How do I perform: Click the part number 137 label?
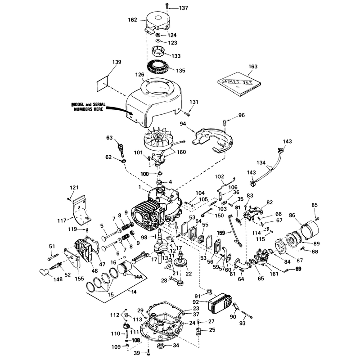coord(184,8)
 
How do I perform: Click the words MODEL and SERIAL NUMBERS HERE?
coord(88,107)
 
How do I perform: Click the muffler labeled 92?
coord(220,303)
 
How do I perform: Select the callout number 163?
coord(253,67)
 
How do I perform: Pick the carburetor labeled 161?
coord(261,256)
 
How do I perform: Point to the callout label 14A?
coord(138,277)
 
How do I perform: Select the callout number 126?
coord(139,75)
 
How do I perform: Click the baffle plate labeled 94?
coord(212,140)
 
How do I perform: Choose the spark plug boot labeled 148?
coord(44,272)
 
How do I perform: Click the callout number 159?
coord(221,233)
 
